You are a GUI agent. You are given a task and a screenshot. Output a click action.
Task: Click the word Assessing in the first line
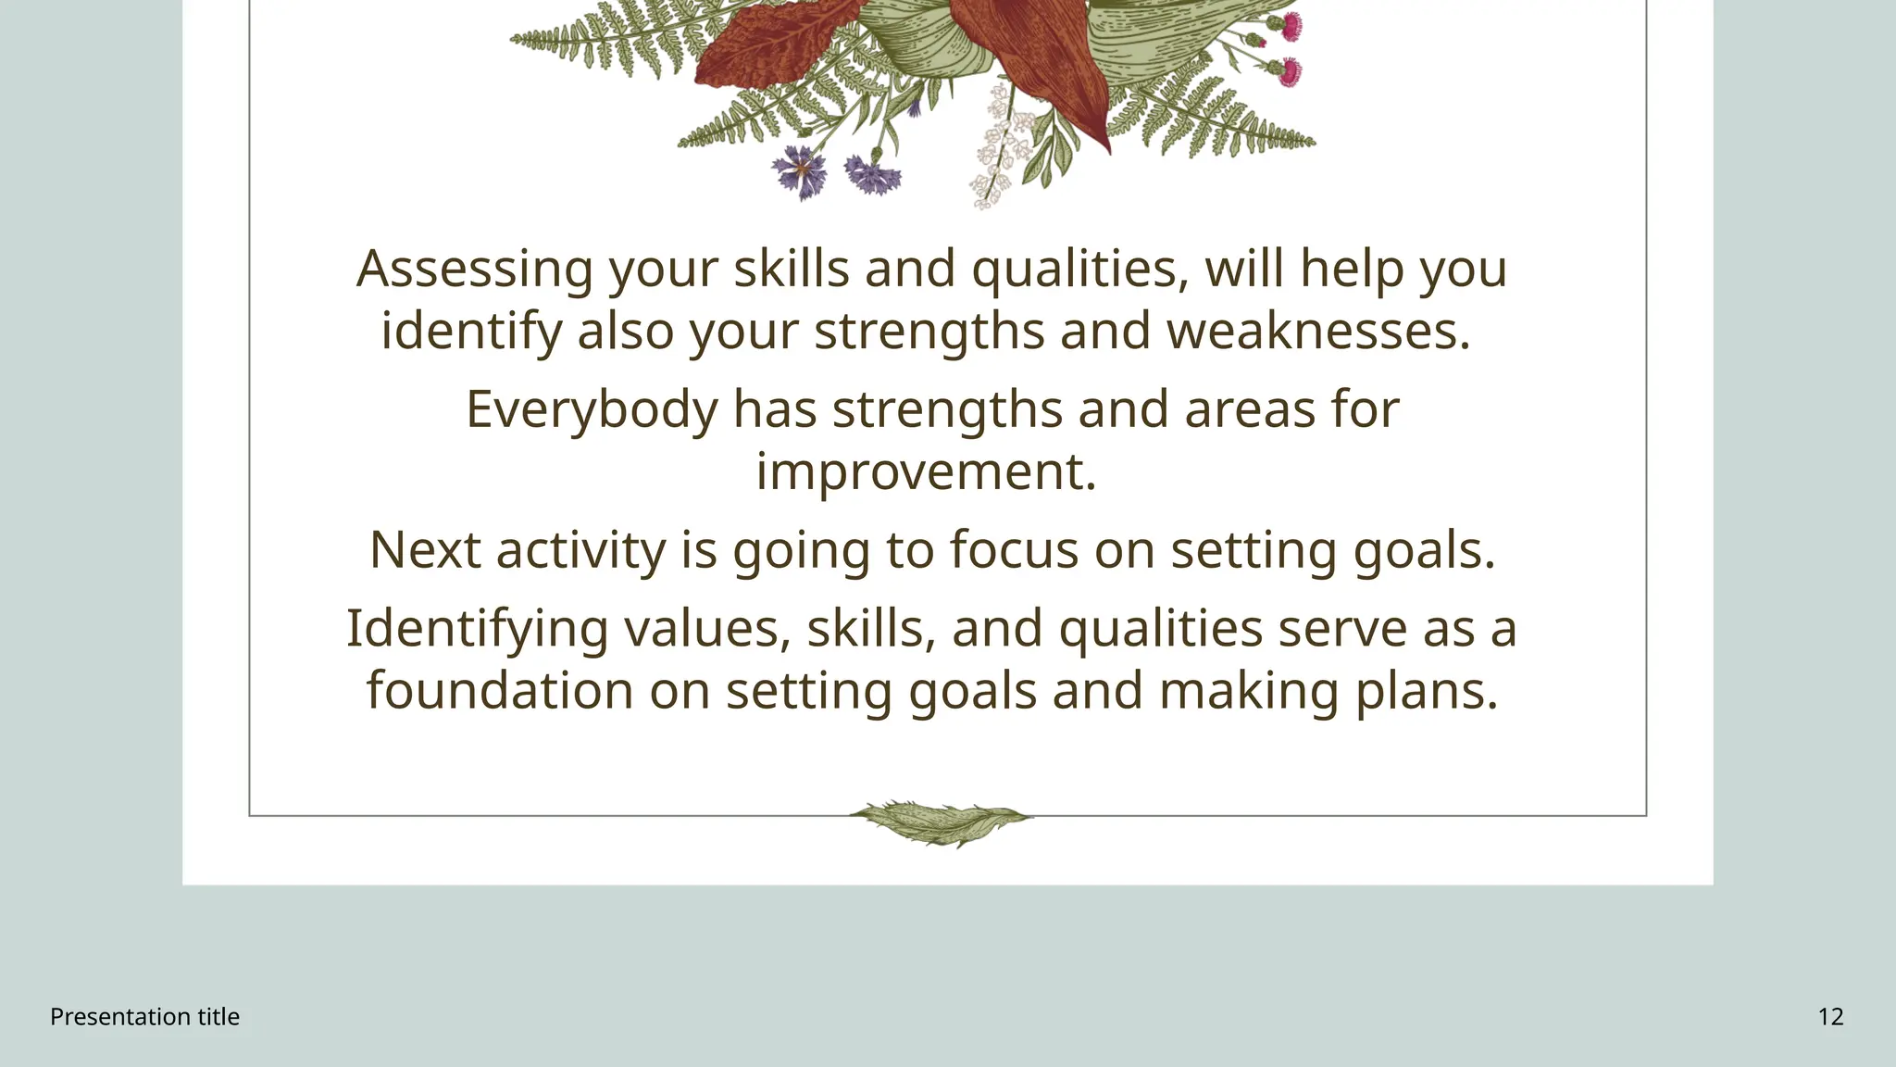474,270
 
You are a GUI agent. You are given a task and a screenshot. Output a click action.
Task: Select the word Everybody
592,409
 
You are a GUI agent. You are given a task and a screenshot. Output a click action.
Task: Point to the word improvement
926,471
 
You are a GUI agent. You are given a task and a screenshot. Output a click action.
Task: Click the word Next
425,550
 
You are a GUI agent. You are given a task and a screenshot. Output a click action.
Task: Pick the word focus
1014,550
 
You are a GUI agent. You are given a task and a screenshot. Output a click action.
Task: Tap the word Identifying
477,629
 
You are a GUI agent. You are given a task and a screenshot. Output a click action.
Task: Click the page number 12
1830,1017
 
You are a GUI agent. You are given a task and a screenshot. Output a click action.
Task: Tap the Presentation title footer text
144,1017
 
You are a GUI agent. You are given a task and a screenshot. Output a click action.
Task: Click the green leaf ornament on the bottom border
941,822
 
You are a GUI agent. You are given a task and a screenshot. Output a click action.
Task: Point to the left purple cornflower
800,171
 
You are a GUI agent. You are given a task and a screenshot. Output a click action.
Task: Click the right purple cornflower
867,174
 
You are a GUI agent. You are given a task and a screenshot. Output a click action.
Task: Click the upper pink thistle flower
1290,26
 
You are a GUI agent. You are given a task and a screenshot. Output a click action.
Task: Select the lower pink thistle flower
1288,71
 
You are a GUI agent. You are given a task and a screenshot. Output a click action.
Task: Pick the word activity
580,550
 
